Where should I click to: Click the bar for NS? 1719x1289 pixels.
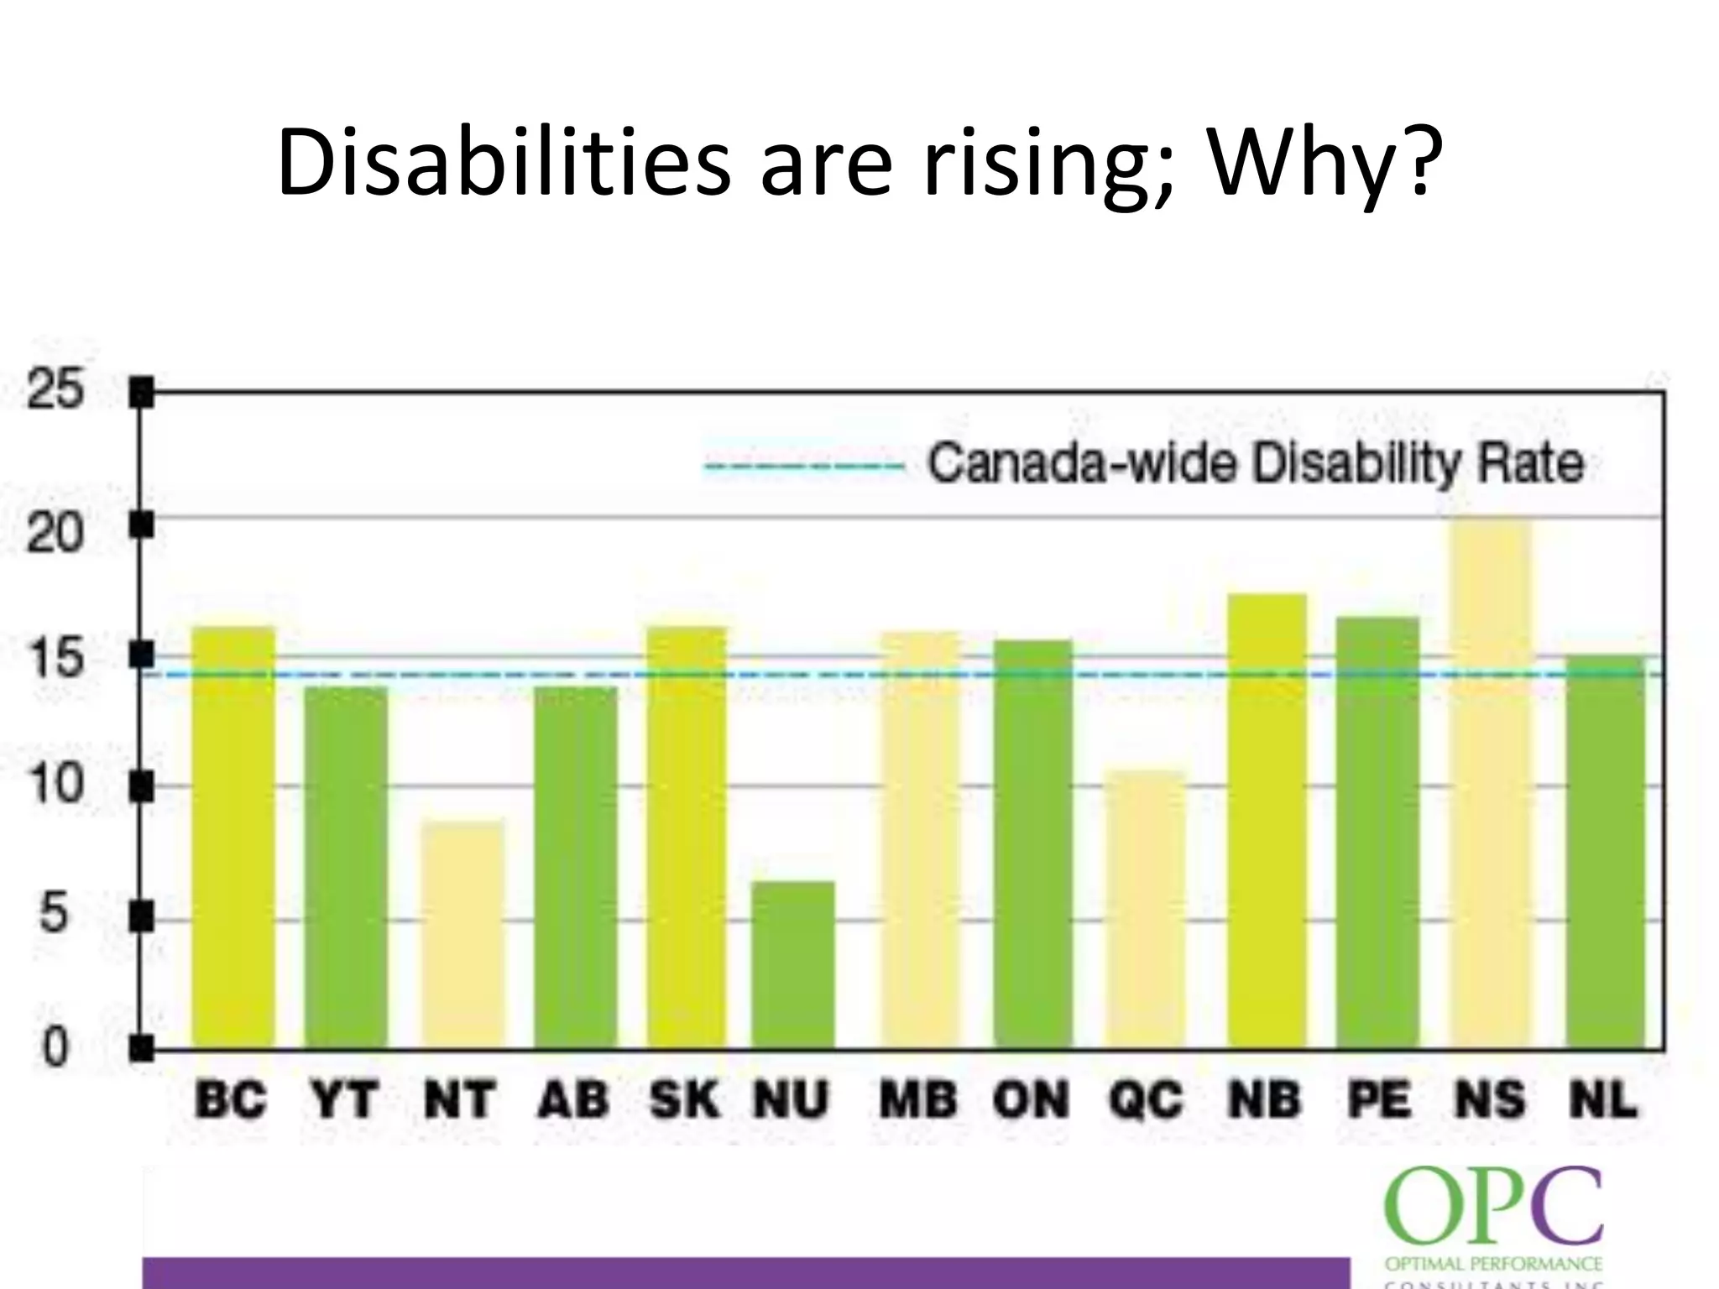click(x=1491, y=785)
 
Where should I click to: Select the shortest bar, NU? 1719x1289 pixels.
click(x=792, y=965)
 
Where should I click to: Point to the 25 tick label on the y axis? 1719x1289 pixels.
click(x=55, y=389)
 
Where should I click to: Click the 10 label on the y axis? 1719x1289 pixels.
click(x=55, y=785)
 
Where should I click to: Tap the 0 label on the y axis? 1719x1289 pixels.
click(x=54, y=1047)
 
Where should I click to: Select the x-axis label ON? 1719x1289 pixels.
click(x=1032, y=1099)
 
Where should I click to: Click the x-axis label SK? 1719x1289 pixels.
click(x=684, y=1099)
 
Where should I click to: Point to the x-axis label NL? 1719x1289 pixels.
click(x=1603, y=1099)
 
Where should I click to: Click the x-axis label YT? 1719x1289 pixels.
click(x=343, y=1099)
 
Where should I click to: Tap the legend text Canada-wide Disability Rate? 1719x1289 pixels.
click(x=1255, y=463)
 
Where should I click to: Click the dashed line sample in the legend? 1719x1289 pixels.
click(x=803, y=467)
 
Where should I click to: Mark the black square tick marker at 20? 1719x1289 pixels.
click(x=142, y=525)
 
